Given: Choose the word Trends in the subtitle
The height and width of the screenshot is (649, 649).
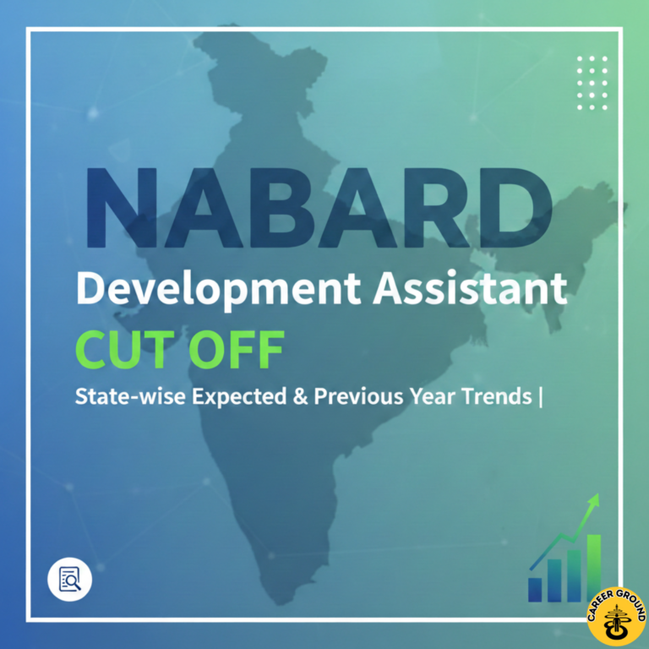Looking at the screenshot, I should point(492,396).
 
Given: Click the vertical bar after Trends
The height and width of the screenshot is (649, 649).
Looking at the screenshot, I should point(540,397).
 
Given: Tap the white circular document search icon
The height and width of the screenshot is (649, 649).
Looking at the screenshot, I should point(69,579).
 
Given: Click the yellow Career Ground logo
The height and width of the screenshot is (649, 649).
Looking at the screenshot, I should point(616,616).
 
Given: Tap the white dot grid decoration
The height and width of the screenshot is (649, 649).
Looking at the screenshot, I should point(592,82).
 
